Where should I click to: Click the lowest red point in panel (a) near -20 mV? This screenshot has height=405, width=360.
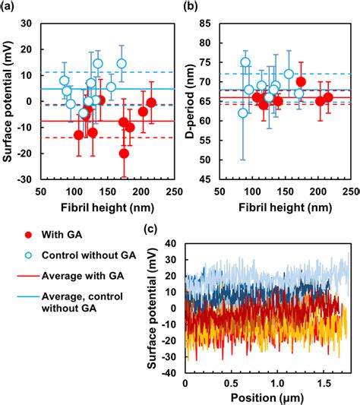point(124,153)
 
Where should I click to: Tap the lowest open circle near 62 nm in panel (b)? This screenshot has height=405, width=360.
point(242,112)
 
